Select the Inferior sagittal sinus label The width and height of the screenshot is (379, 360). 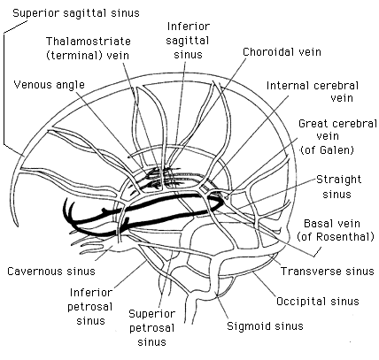coord(187,40)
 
